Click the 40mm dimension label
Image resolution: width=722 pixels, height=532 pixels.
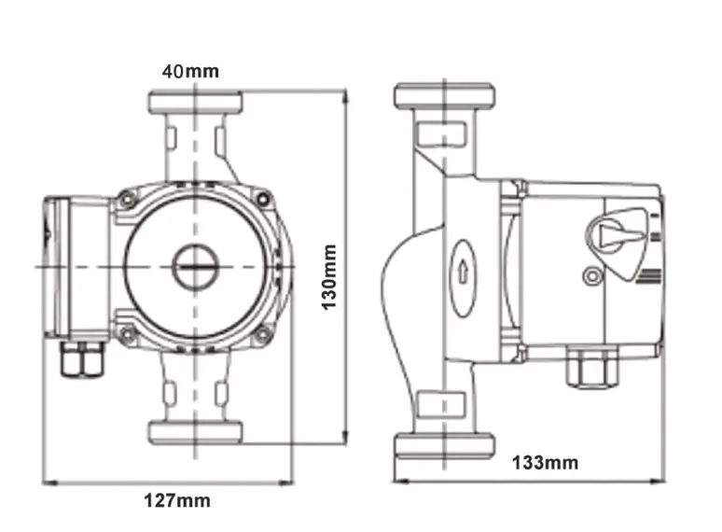190,71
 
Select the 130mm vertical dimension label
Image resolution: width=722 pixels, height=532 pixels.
329,278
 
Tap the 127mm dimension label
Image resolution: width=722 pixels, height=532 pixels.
176,501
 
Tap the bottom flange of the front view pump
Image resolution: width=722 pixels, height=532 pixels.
195,431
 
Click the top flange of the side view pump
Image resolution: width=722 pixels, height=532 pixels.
444,95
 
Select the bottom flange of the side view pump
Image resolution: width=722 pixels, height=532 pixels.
444,445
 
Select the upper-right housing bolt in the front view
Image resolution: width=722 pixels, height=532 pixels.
264,199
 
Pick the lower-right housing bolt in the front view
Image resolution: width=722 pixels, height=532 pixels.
264,333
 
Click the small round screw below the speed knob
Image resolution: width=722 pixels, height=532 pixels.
590,275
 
